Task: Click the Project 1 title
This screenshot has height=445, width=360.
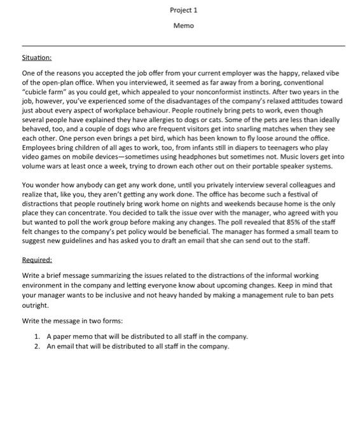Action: click(x=183, y=10)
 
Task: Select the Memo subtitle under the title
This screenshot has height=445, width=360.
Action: click(x=183, y=25)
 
